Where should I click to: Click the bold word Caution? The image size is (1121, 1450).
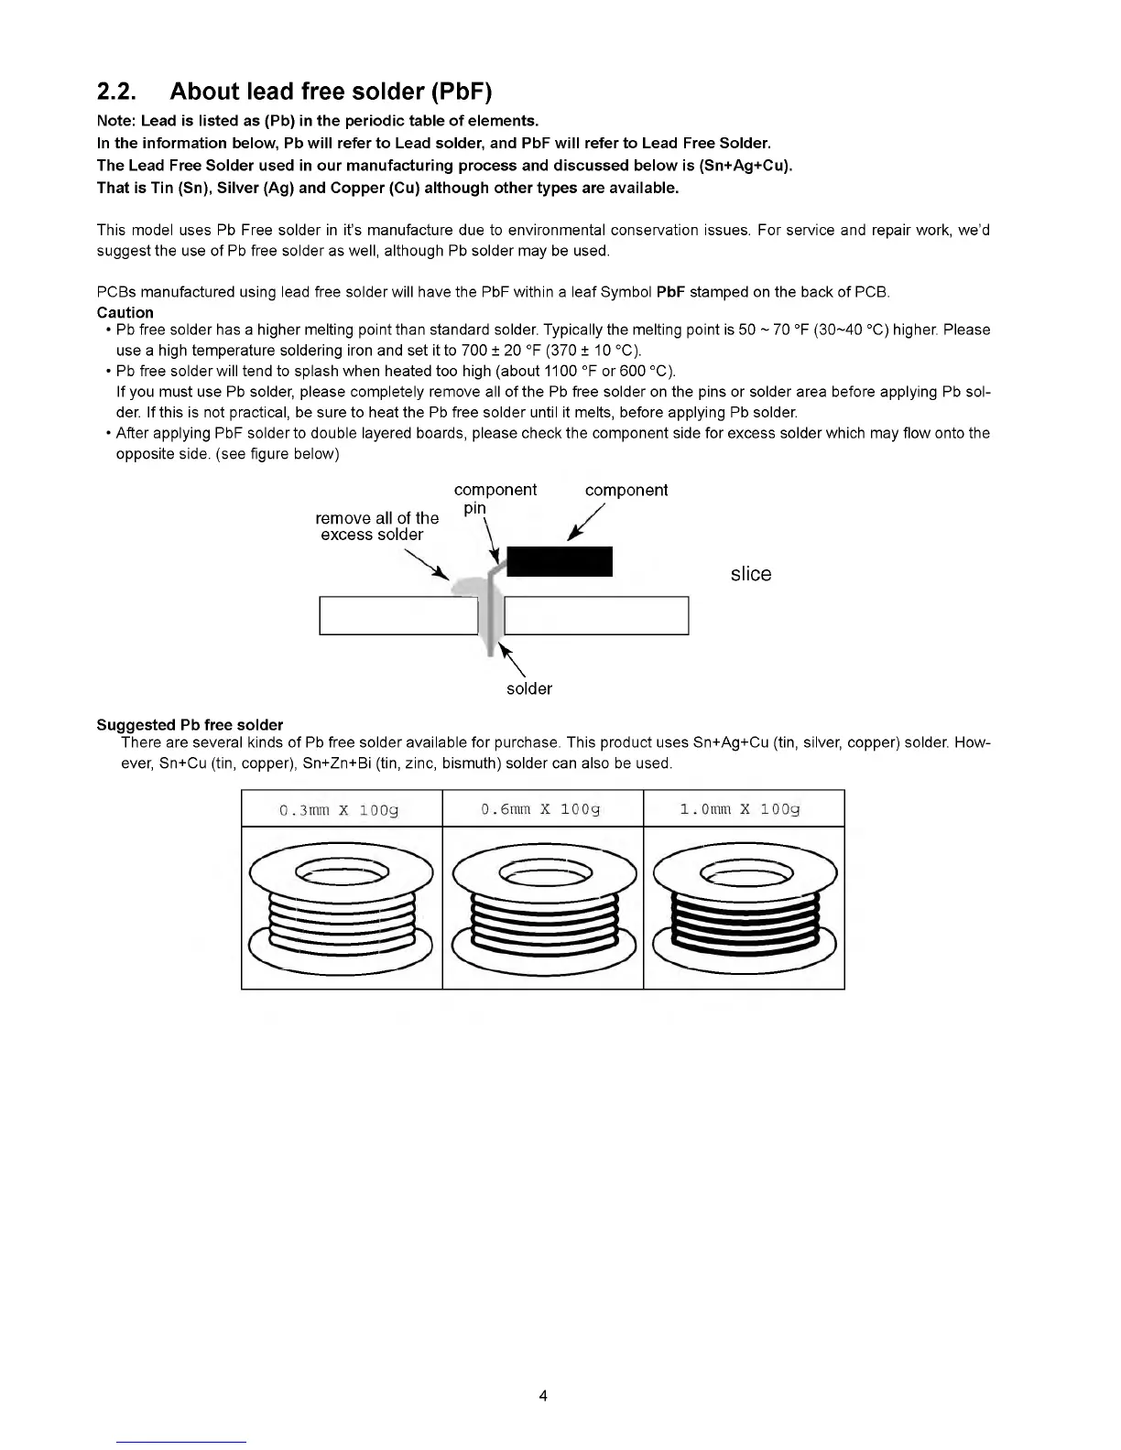click(x=125, y=312)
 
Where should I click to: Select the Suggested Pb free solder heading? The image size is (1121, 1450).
click(x=190, y=725)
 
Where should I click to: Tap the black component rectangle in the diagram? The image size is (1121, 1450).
click(x=560, y=561)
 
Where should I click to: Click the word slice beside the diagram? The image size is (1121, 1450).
click(x=751, y=574)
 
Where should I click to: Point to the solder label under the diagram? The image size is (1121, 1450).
click(x=529, y=688)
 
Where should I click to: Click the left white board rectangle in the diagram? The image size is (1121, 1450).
click(x=398, y=615)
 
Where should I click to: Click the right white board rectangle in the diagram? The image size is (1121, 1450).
click(x=596, y=615)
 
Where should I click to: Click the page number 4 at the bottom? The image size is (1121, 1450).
click(x=543, y=1396)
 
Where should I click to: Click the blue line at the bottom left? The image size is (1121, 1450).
click(x=181, y=1442)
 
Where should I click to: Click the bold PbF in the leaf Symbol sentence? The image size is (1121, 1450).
click(x=671, y=292)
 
